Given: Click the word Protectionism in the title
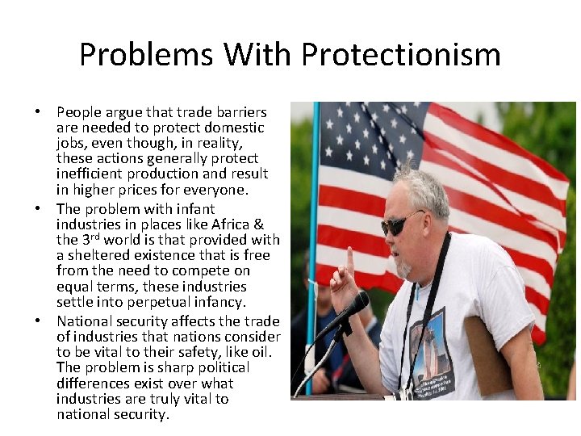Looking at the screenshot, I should pyautogui.click(x=401, y=55).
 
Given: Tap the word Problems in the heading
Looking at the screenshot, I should pyautogui.click(x=147, y=55).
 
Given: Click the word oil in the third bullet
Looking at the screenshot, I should pyautogui.click(x=262, y=351).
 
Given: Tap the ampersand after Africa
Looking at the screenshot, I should pyautogui.click(x=258, y=224).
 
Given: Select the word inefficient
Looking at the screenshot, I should pyautogui.click(x=88, y=174).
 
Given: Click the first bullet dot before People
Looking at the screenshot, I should pyautogui.click(x=39, y=112).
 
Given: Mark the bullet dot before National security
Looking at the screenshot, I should pyautogui.click(x=39, y=321).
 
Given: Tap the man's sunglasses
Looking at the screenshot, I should pyautogui.click(x=401, y=222).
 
